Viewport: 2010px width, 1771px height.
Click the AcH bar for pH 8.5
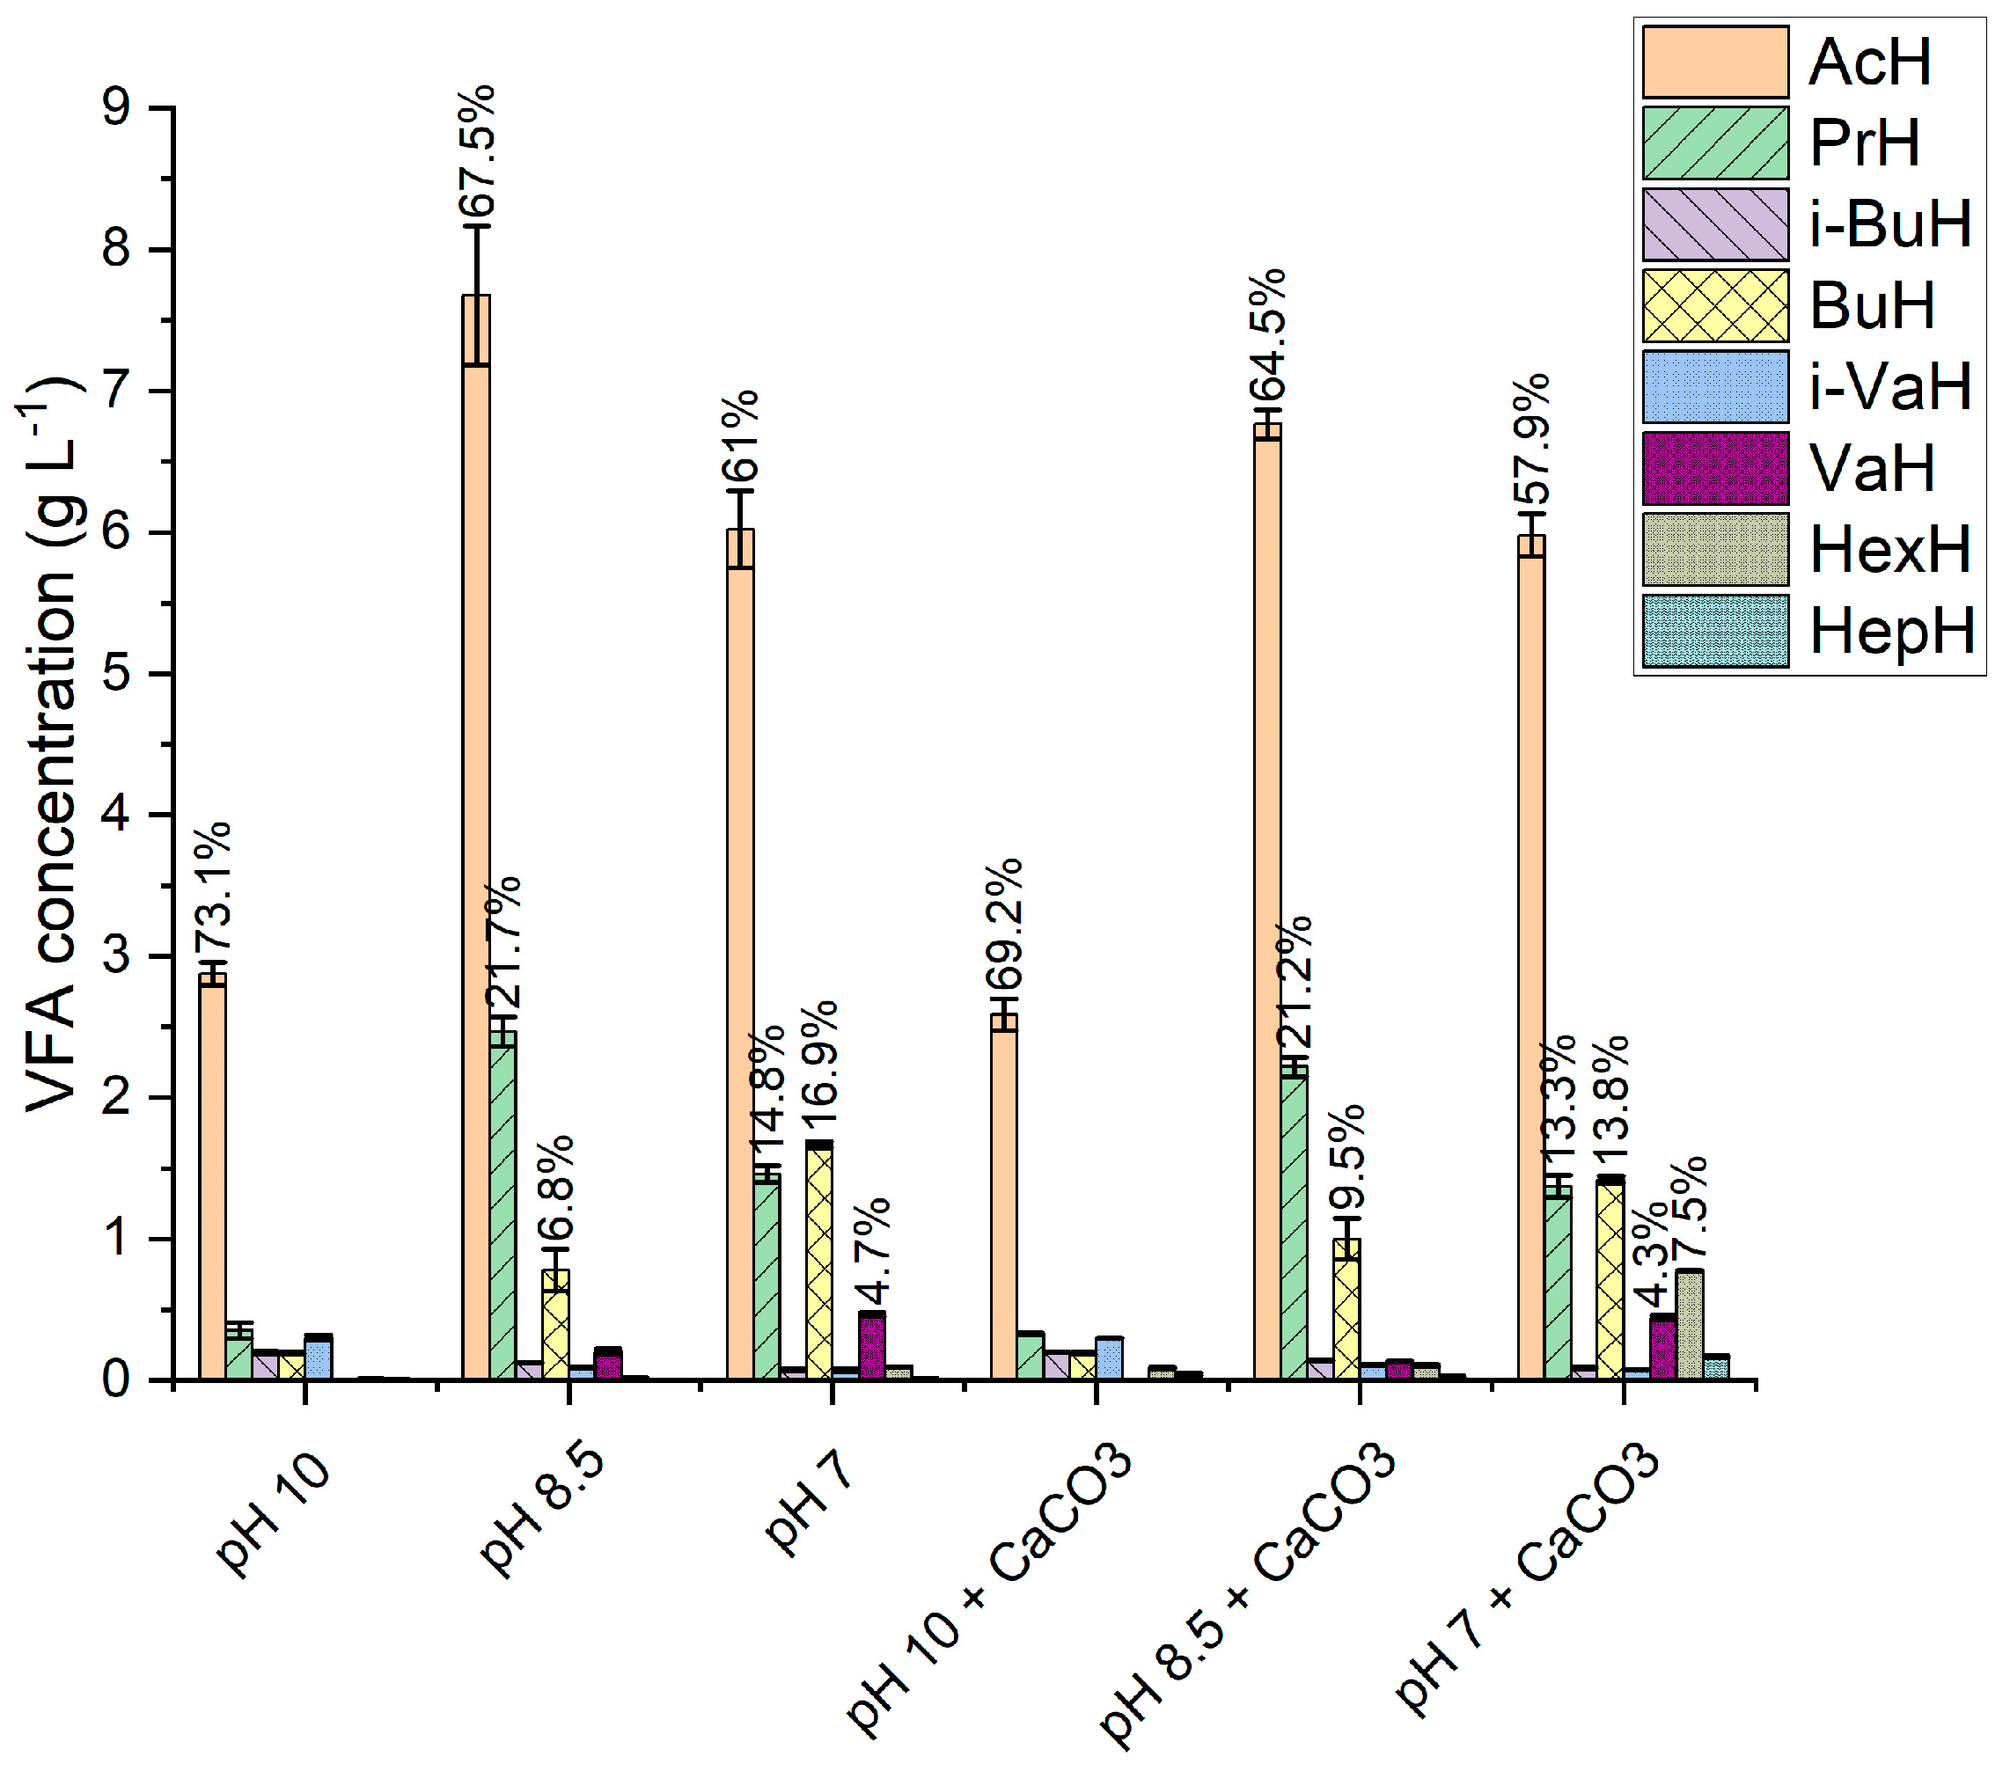click(476, 836)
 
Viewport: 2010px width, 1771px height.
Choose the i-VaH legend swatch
click(1715, 386)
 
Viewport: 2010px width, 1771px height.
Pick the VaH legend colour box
click(1715, 468)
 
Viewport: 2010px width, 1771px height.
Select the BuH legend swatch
click(1715, 306)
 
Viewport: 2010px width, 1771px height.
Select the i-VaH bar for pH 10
click(318, 1357)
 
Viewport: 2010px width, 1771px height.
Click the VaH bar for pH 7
click(871, 1345)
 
